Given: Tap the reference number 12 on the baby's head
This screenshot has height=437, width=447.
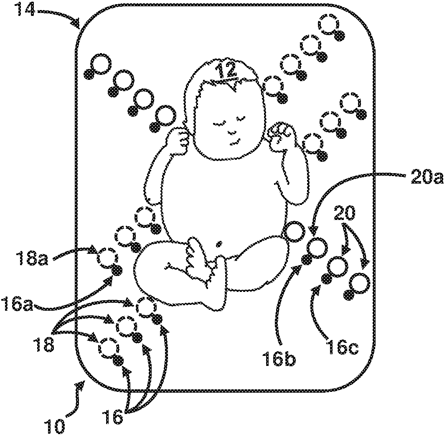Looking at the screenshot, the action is (x=228, y=71).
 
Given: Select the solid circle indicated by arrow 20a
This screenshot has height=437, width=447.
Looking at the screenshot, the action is (x=318, y=248).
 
